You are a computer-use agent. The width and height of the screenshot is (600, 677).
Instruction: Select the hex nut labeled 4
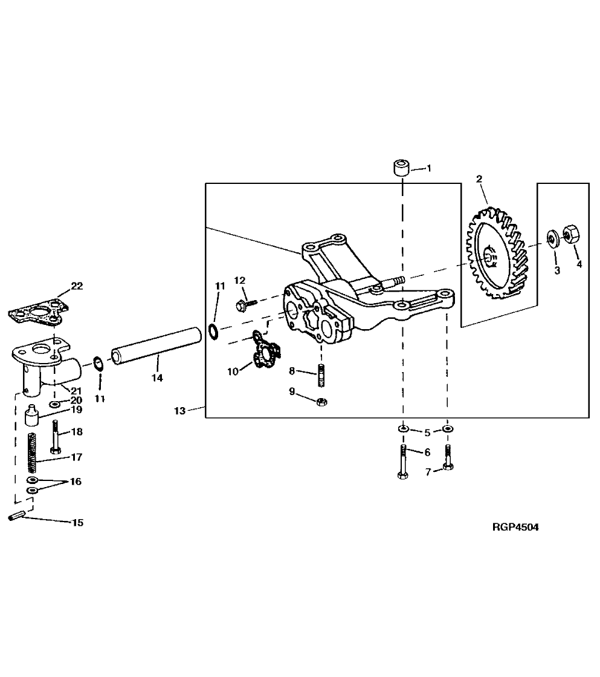[570, 234]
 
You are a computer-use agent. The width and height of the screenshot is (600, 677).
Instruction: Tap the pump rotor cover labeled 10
[265, 353]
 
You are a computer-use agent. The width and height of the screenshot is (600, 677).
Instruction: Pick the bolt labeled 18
[56, 436]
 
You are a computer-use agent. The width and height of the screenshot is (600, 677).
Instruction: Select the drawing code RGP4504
[515, 527]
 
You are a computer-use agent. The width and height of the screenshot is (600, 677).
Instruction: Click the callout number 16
[75, 482]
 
